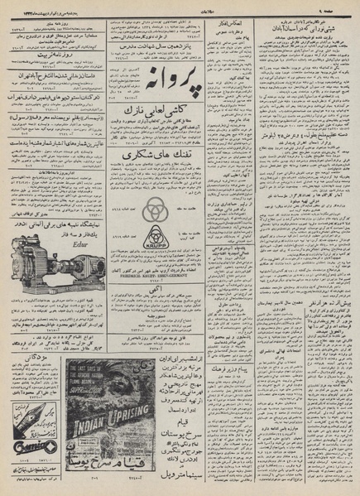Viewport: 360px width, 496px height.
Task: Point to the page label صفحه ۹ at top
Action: coord(341,6)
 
